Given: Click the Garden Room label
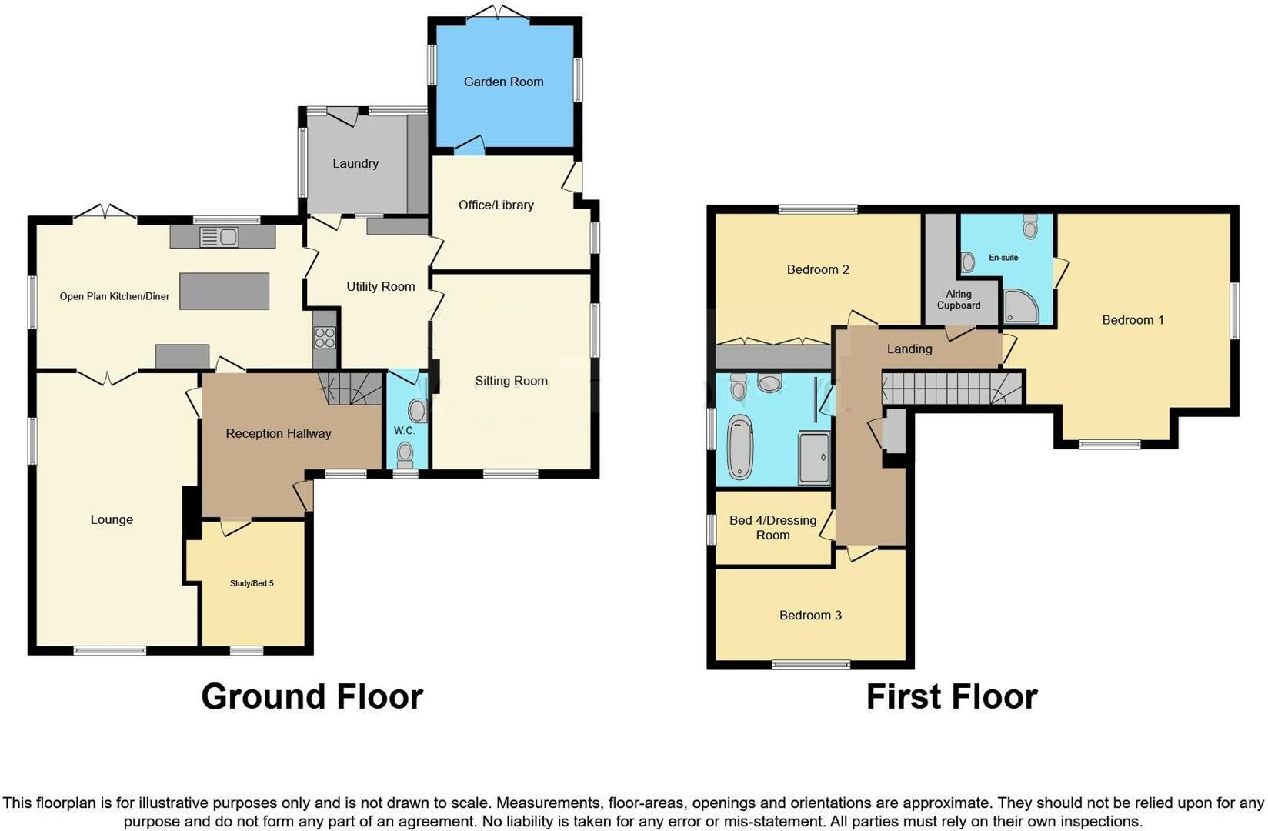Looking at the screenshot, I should [x=503, y=82].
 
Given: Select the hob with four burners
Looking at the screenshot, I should [x=325, y=337].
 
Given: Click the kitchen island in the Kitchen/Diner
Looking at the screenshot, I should [x=224, y=291].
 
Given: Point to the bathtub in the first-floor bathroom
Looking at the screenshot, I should [x=740, y=446].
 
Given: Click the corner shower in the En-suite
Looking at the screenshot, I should [x=1021, y=306].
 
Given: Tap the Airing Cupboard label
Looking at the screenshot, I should [x=959, y=299].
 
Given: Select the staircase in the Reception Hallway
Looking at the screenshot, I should [x=352, y=389].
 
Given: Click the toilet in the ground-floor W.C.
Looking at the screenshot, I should [x=405, y=455].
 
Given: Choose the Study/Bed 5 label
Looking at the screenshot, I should [x=252, y=583].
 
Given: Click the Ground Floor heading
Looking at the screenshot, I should [x=312, y=696].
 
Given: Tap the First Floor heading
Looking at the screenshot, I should [x=952, y=696].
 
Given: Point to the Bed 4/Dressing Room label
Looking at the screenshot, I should [x=772, y=528].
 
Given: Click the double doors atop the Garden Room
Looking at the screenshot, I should [x=498, y=12].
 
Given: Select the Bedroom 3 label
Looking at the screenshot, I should [x=810, y=615].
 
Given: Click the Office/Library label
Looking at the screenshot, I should [x=496, y=205].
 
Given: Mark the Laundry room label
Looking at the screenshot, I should [x=355, y=163].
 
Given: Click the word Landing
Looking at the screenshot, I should [x=909, y=349].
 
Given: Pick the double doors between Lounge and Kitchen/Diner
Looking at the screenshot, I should [x=107, y=377].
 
